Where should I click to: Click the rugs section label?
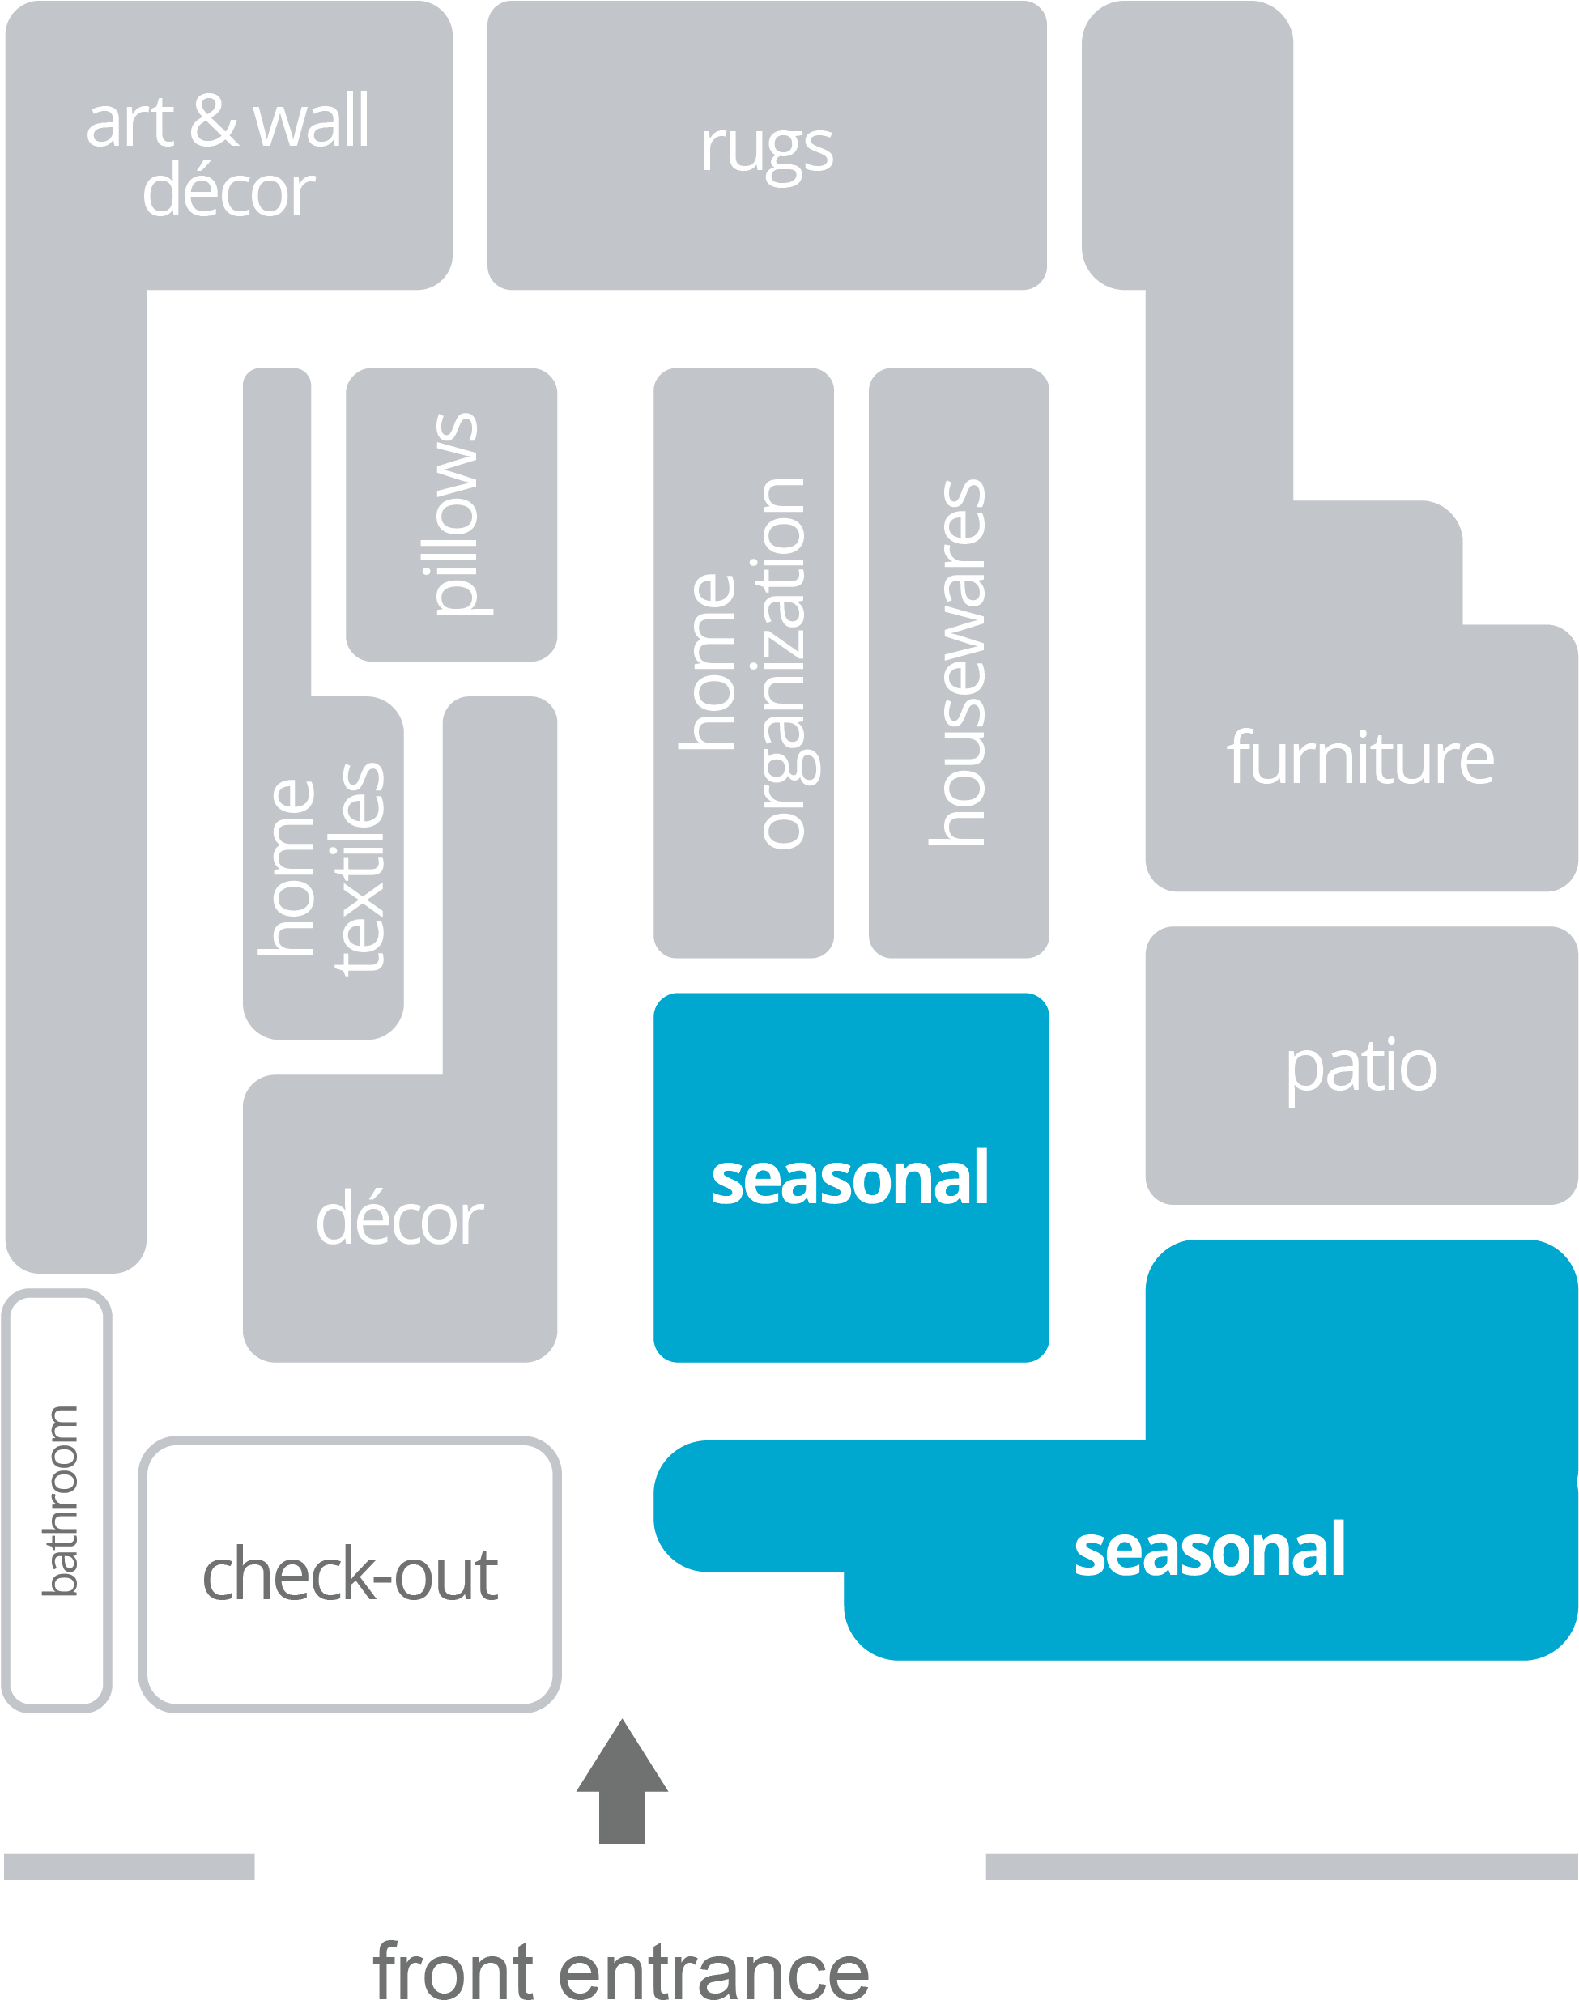coord(766,148)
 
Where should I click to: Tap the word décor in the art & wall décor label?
coord(228,192)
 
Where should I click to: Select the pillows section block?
coord(452,514)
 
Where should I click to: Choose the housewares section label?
coord(959,662)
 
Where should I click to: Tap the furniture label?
coord(1360,758)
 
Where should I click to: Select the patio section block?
coord(1361,1066)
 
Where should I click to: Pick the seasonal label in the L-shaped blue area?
coord(1209,1550)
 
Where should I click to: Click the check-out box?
coord(351,1574)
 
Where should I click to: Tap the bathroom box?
coord(57,1500)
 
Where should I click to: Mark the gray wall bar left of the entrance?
coord(130,1866)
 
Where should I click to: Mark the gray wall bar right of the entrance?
coord(1281,1866)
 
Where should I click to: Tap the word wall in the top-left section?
coord(311,122)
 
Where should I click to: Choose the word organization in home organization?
coord(785,662)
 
